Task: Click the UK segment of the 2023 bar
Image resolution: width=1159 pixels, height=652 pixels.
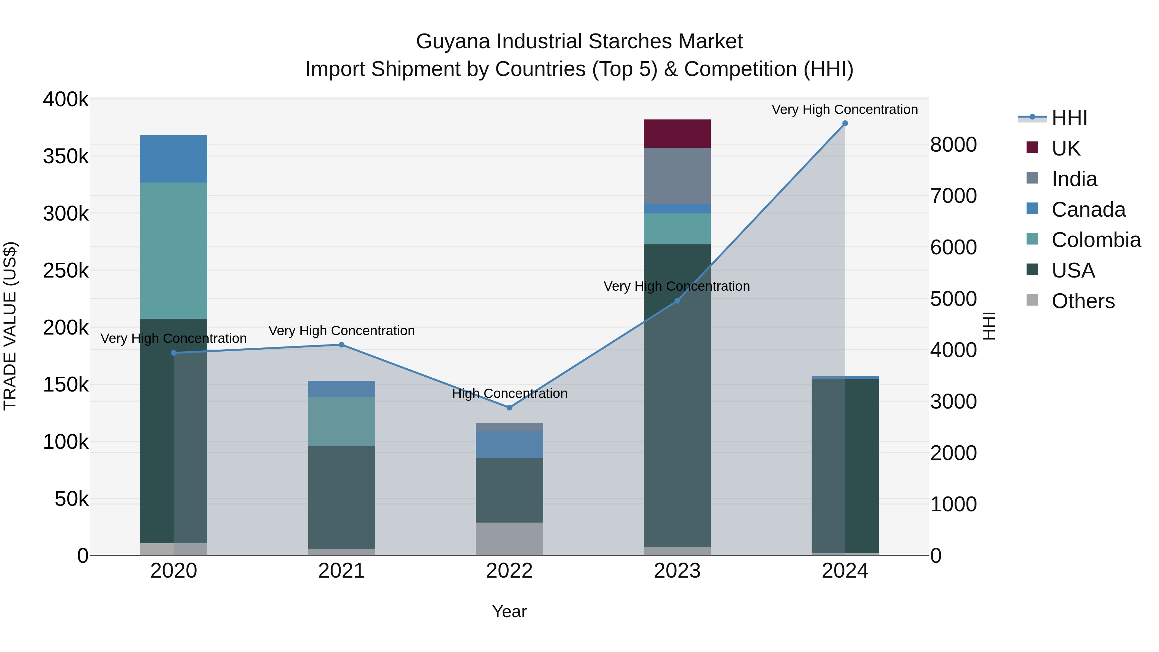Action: coord(677,134)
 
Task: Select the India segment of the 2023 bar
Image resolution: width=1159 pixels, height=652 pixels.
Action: coord(677,175)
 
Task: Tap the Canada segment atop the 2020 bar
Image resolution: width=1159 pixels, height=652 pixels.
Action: coord(173,158)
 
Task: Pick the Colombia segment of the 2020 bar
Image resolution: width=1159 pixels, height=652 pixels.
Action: coord(173,250)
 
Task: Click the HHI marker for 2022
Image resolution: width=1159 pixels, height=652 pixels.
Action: coord(509,408)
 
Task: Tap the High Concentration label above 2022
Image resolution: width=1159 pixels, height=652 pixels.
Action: coord(509,394)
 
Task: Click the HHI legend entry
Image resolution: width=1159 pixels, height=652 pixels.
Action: coord(1069,118)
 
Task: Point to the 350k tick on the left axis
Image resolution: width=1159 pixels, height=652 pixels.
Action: coord(66,156)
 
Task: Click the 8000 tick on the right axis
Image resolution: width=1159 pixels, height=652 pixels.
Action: coord(953,145)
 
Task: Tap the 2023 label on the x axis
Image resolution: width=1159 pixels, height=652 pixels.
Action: coord(677,571)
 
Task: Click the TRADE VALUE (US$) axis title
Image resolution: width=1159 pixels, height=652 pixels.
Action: coord(10,326)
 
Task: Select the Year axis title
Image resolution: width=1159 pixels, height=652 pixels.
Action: coord(509,611)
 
